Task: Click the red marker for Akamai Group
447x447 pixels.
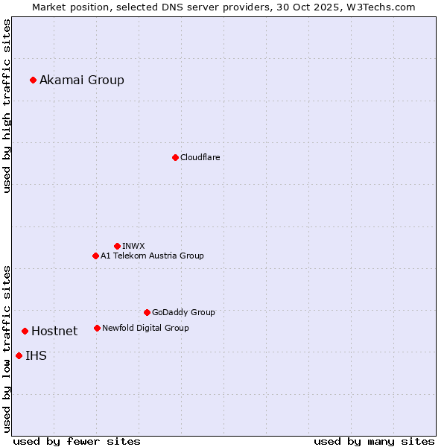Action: point(33,80)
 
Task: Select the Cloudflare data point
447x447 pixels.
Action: point(175,157)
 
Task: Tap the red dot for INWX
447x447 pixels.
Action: point(117,246)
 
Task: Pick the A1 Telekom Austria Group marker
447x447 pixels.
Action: point(95,256)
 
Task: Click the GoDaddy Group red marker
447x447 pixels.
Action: point(147,312)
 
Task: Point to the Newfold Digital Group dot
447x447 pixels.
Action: point(97,328)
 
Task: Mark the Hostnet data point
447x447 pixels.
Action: point(25,331)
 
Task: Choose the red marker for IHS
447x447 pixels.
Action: point(19,355)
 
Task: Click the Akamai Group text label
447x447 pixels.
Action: point(82,80)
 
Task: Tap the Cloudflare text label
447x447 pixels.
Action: point(200,157)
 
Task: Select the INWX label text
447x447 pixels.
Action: point(133,246)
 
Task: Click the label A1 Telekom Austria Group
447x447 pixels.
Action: point(152,256)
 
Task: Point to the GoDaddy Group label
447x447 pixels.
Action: point(183,312)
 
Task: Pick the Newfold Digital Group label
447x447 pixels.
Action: point(145,328)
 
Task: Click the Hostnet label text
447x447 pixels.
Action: point(54,332)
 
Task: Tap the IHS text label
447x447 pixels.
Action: point(36,356)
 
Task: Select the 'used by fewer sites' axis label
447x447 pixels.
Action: point(77,441)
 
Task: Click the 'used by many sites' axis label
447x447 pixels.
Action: point(374,441)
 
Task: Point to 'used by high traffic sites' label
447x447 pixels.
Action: point(7,107)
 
